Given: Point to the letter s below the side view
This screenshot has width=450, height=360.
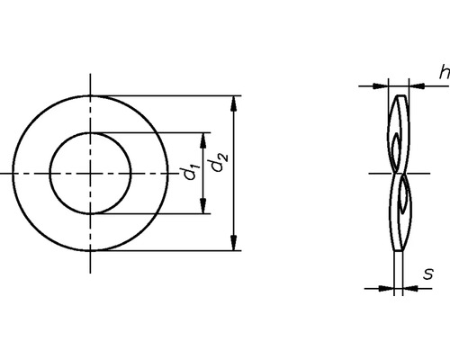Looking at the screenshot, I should coord(429,274).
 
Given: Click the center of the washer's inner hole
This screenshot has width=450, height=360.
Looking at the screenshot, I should coord(90,173).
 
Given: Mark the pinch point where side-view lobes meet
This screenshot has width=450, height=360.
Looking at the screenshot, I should coord(398,173).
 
